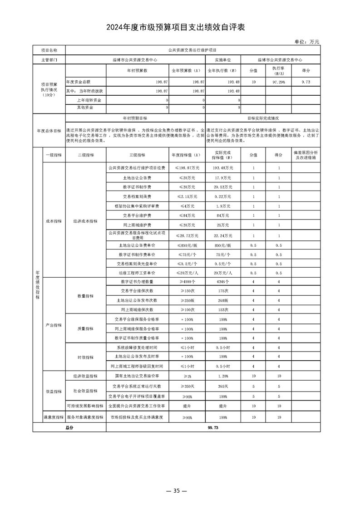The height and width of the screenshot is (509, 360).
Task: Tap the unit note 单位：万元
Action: pos(307,42)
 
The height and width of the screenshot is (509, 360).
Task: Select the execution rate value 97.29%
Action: pos(278,82)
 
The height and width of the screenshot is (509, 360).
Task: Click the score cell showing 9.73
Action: pos(306,82)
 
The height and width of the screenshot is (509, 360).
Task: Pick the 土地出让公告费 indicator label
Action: pos(137,177)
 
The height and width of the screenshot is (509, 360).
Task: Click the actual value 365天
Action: pos(223,386)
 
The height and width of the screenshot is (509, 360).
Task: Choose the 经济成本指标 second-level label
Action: pos(85,221)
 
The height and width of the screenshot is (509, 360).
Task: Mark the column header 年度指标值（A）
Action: pos(186,155)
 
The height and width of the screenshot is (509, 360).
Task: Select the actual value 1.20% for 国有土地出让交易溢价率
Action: pos(223,376)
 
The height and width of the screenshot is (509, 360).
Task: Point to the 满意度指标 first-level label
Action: pos(53,416)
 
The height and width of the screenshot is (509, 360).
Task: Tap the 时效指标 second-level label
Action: pos(85,357)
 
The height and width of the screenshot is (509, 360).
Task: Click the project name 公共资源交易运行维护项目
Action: pos(192,50)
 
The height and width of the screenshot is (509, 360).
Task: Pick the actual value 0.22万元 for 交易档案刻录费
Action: pos(223,196)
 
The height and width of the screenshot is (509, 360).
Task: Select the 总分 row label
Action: pos(69,427)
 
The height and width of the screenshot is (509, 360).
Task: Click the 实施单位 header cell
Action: pos(223,59)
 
